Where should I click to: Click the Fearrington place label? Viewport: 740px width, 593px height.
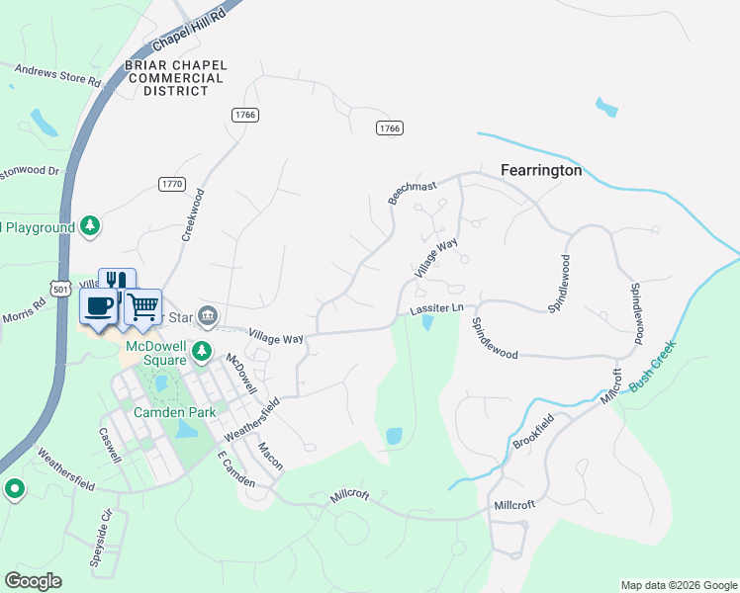click(x=540, y=170)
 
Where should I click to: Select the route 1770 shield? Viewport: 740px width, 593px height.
click(x=171, y=184)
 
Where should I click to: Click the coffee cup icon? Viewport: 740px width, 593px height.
click(x=98, y=305)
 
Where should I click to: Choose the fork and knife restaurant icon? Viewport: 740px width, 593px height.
click(x=117, y=284)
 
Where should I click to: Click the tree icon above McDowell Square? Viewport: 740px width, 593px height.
click(x=202, y=350)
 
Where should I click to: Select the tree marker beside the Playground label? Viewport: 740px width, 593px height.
click(x=90, y=227)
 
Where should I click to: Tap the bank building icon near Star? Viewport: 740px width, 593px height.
click(x=208, y=316)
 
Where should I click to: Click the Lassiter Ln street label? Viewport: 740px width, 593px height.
click(x=436, y=309)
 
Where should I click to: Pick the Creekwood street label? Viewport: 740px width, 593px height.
click(x=192, y=215)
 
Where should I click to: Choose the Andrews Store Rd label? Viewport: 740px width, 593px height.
click(x=58, y=75)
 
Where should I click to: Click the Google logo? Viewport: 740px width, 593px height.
click(x=33, y=580)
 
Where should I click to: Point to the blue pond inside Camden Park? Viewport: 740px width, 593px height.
click(x=185, y=429)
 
